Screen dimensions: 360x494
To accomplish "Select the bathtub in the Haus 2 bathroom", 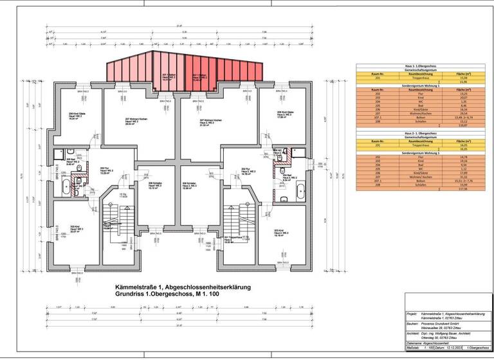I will coord(300,190).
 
